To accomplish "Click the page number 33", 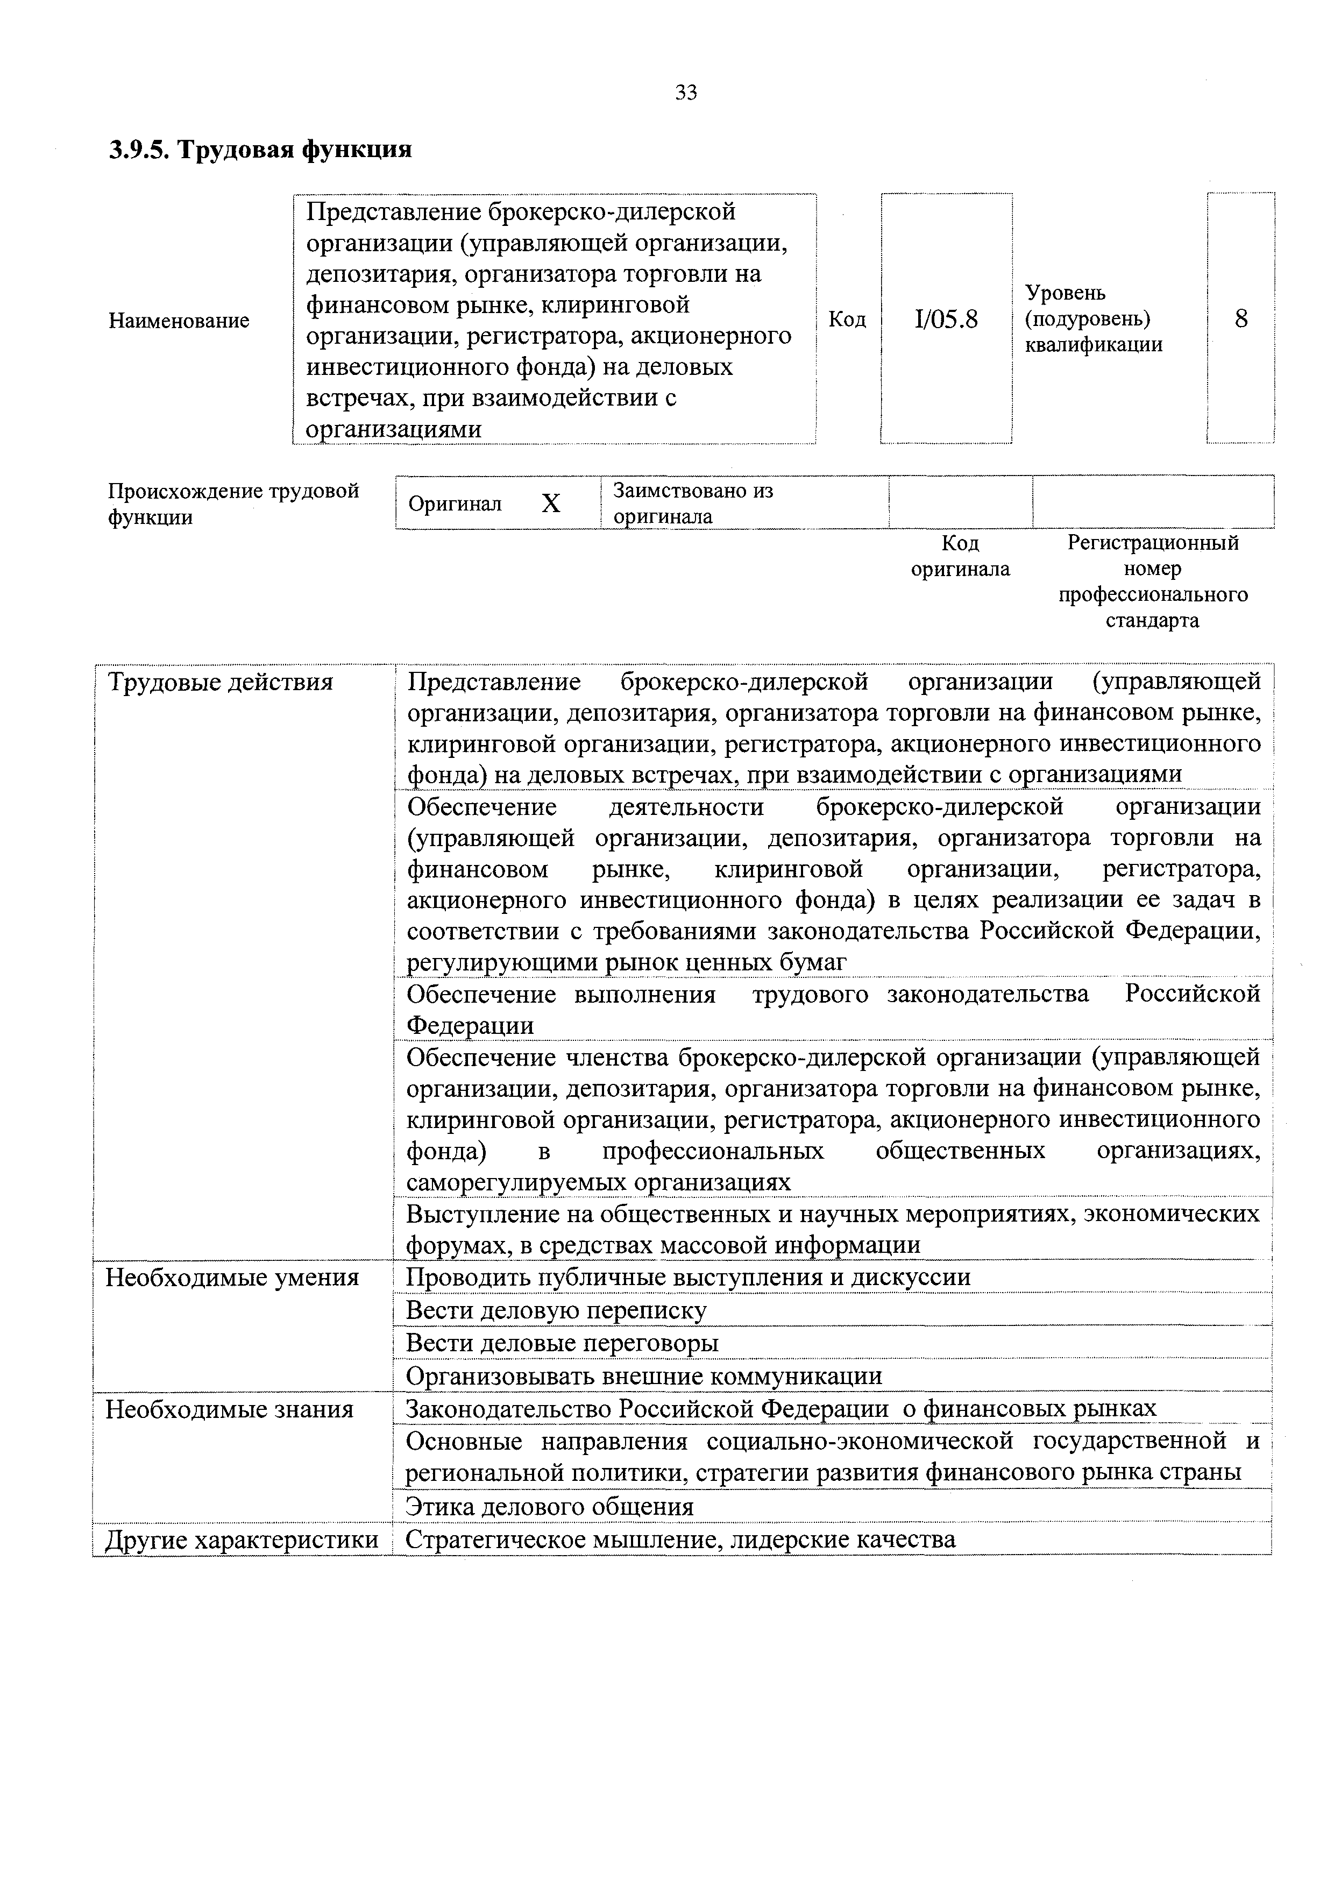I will click(x=685, y=93).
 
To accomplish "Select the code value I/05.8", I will click(x=946, y=319).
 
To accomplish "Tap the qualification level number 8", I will click(x=1240, y=319).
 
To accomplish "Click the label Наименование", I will click(x=179, y=321).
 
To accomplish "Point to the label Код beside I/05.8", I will click(x=847, y=319).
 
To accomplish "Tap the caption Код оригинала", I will click(x=960, y=556).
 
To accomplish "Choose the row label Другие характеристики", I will click(x=243, y=1540).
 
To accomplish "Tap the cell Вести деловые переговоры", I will click(x=562, y=1344).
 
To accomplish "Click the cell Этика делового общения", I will click(x=550, y=1507).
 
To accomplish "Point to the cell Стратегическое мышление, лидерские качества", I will click(x=680, y=1540).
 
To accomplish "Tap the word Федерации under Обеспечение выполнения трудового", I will click(x=470, y=1026).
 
